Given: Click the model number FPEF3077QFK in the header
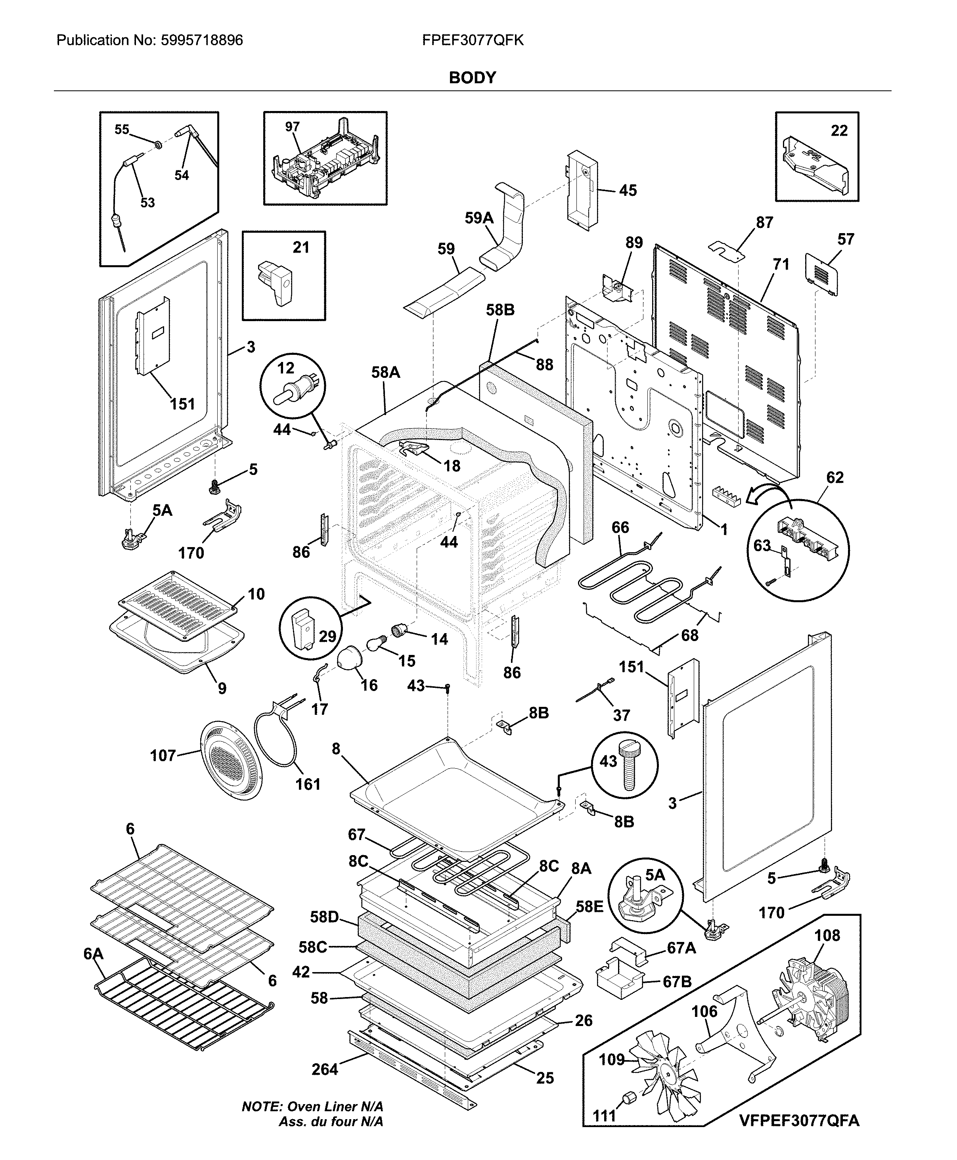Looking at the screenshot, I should click(x=473, y=40).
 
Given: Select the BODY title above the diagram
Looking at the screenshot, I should click(x=473, y=78).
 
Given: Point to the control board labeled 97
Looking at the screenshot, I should click(x=325, y=160).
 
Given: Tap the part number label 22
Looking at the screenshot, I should click(x=839, y=131).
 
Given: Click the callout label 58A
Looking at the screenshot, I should click(x=385, y=373).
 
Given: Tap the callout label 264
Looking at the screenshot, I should click(x=324, y=1069).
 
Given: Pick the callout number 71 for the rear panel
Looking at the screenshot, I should click(x=781, y=265).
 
